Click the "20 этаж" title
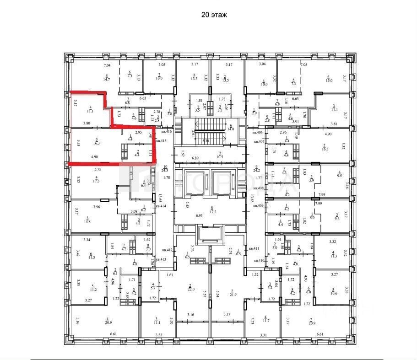point(214,15)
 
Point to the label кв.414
point(160,207)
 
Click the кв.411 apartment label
point(254,248)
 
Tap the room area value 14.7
point(107,80)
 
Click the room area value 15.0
point(328,80)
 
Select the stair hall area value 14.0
point(231,129)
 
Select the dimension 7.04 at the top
point(106,65)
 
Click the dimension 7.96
point(97,207)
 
